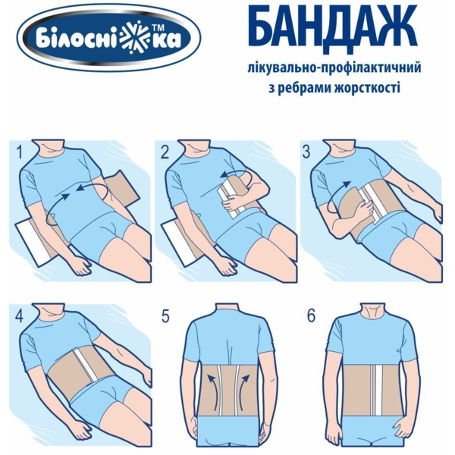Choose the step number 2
coord(165,152)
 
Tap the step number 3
coord(306,152)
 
